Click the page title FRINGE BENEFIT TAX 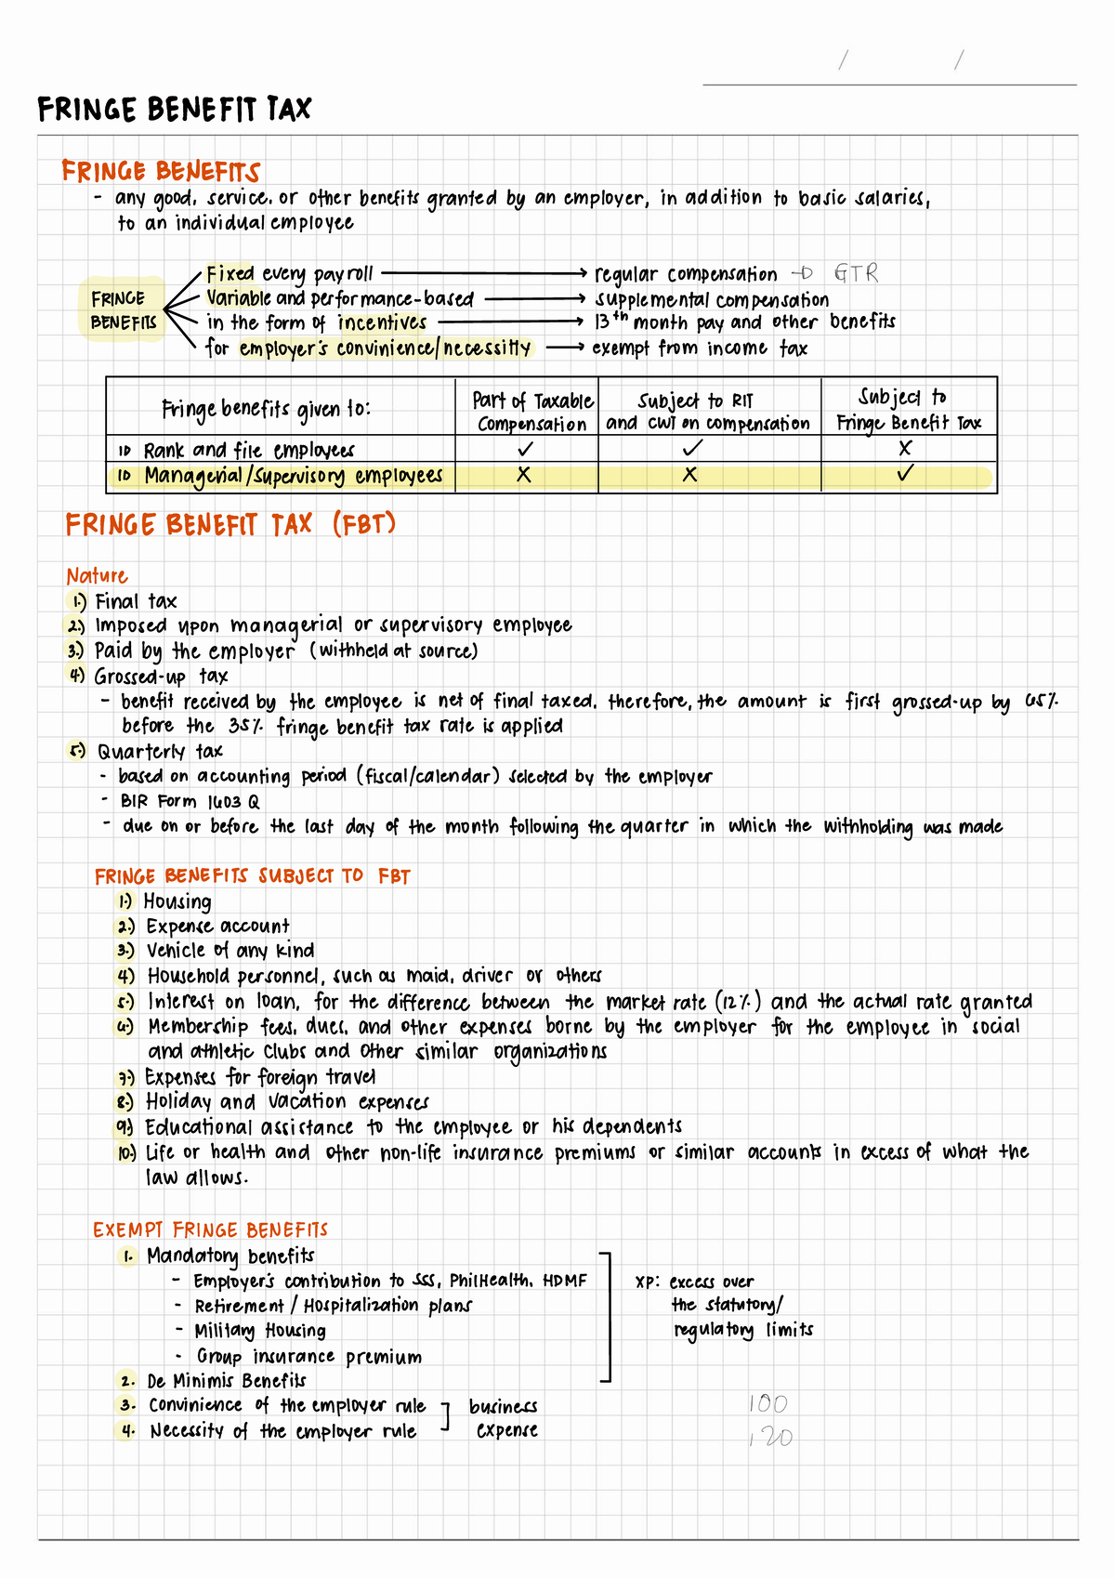point(174,110)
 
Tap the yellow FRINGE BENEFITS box point(123,310)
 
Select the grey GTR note point(855,273)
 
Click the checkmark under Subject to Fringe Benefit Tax point(904,474)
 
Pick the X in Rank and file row point(904,448)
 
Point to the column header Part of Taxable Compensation point(531,412)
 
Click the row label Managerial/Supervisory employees point(292,476)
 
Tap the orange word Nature point(97,575)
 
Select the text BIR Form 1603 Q point(190,801)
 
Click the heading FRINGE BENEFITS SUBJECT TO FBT point(252,876)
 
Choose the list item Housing point(177,901)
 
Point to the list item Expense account point(217,927)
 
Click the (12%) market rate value point(739,1002)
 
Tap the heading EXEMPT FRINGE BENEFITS point(210,1230)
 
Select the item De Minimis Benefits point(226,1381)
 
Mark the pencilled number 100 point(767,1403)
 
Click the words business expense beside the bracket point(504,1418)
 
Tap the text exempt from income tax point(699,348)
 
